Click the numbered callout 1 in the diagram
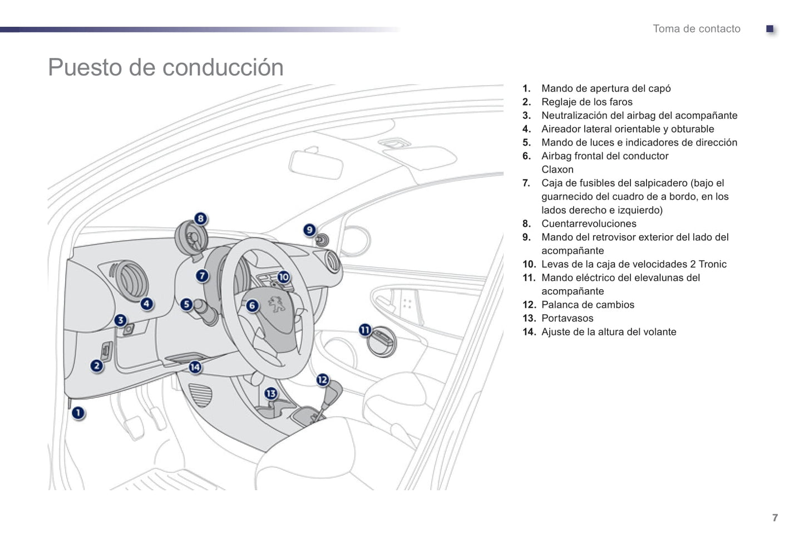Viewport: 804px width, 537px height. click(x=78, y=413)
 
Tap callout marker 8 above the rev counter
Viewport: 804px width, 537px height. click(x=200, y=219)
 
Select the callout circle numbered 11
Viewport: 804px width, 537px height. click(x=365, y=330)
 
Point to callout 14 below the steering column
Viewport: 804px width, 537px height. click(x=195, y=367)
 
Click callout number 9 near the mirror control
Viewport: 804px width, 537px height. click(x=310, y=230)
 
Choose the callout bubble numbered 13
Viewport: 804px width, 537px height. click(x=271, y=394)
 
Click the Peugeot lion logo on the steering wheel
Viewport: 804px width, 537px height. click(x=276, y=305)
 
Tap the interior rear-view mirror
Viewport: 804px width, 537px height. click(x=315, y=164)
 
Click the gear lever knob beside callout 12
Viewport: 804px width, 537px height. click(x=334, y=393)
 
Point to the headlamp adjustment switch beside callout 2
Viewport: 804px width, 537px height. click(x=106, y=352)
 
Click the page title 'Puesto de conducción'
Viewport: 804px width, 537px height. click(x=166, y=67)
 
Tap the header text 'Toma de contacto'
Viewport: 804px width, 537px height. click(x=696, y=29)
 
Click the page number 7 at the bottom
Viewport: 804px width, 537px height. click(x=775, y=518)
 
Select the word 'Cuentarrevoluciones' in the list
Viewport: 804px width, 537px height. click(x=589, y=224)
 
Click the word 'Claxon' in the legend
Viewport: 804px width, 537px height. click(x=557, y=170)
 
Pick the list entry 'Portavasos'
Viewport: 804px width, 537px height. click(x=567, y=319)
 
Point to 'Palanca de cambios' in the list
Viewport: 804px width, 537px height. click(x=588, y=305)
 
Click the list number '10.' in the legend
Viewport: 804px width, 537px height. click(x=529, y=265)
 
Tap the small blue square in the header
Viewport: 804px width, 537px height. click(x=770, y=29)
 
